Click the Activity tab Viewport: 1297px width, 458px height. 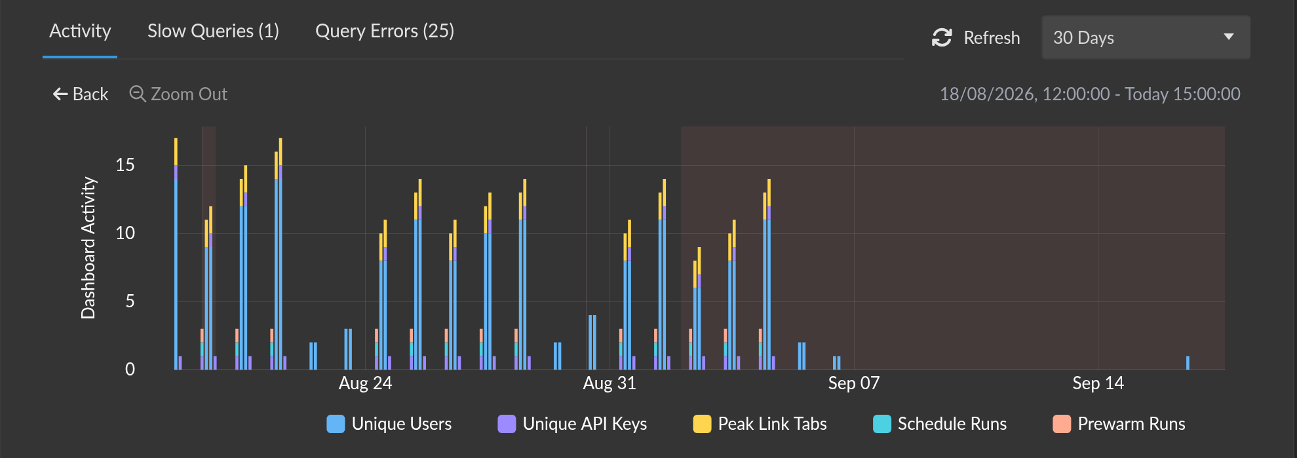click(80, 31)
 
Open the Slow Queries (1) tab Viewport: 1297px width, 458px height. click(213, 31)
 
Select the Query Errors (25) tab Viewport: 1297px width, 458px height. click(385, 31)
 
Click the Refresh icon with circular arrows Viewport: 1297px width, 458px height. click(942, 38)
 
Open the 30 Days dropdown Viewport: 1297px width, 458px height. click(1146, 37)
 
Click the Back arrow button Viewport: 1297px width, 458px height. click(80, 94)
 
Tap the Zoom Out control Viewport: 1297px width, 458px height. click(178, 94)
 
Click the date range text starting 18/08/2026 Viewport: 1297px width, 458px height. click(1090, 94)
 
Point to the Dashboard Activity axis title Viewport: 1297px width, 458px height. click(88, 248)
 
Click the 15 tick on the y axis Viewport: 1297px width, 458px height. click(125, 165)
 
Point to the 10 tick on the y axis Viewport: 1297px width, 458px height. click(125, 233)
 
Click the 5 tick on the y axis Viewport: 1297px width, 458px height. click(130, 301)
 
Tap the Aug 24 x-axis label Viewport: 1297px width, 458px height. click(365, 383)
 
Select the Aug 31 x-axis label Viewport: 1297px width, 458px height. click(610, 383)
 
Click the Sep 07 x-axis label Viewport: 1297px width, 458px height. click(854, 383)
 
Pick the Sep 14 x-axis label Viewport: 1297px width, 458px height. click(1098, 383)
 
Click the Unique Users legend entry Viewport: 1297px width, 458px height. click(389, 424)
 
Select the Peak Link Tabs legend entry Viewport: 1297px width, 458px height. click(760, 424)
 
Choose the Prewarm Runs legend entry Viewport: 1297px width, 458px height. click(1119, 424)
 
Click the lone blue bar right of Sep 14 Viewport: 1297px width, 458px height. click(1188, 363)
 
